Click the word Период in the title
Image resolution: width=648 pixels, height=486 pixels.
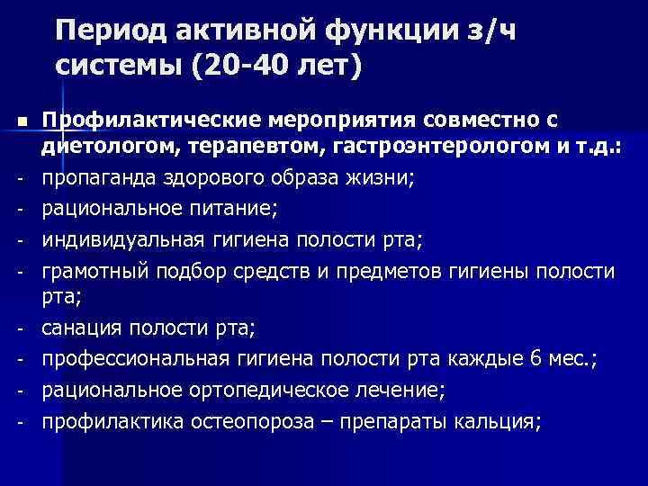click(103, 32)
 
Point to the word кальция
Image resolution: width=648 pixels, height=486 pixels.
click(499, 421)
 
